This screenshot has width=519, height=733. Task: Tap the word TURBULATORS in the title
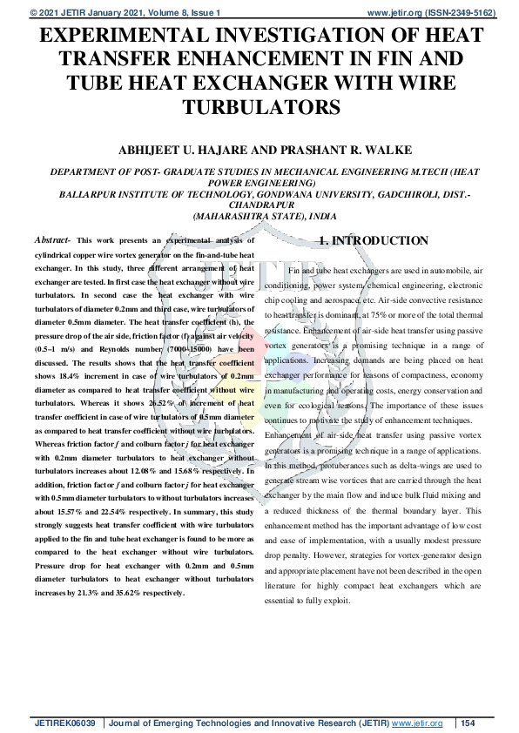tap(259, 107)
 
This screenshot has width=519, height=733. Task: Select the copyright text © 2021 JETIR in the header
tap(54, 13)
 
